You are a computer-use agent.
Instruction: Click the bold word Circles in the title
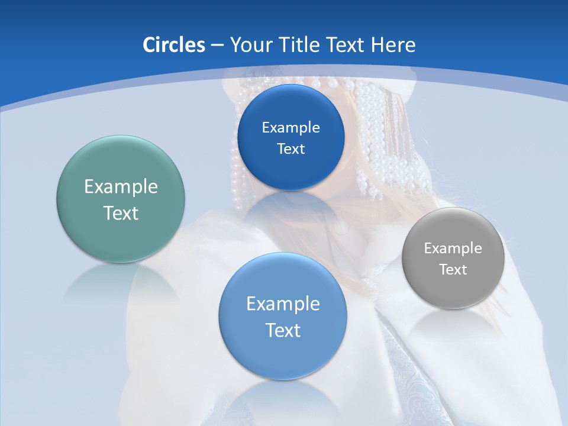point(173,45)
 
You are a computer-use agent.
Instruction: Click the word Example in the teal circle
point(121,187)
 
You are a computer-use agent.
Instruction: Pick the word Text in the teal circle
point(121,213)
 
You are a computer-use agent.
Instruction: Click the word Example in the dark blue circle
point(291,127)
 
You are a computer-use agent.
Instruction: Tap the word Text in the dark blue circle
point(291,149)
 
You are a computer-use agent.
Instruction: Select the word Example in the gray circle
point(453,248)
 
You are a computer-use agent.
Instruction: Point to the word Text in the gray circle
point(453,269)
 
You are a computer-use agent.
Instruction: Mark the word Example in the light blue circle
point(283,304)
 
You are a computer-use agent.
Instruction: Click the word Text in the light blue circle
point(283,330)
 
